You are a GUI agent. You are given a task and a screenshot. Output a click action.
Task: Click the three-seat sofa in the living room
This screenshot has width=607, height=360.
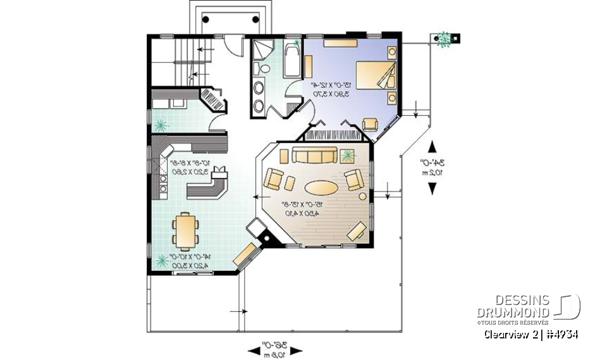pyautogui.click(x=313, y=156)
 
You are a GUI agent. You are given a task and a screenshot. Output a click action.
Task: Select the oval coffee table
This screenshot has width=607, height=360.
pyautogui.click(x=322, y=187)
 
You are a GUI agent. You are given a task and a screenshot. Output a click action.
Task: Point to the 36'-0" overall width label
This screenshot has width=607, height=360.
pyautogui.click(x=276, y=349)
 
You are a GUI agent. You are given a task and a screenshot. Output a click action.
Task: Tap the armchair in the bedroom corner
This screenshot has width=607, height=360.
pyautogui.click(x=370, y=125)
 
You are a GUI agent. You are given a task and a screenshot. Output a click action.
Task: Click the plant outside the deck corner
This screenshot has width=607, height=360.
pyautogui.click(x=444, y=39)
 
